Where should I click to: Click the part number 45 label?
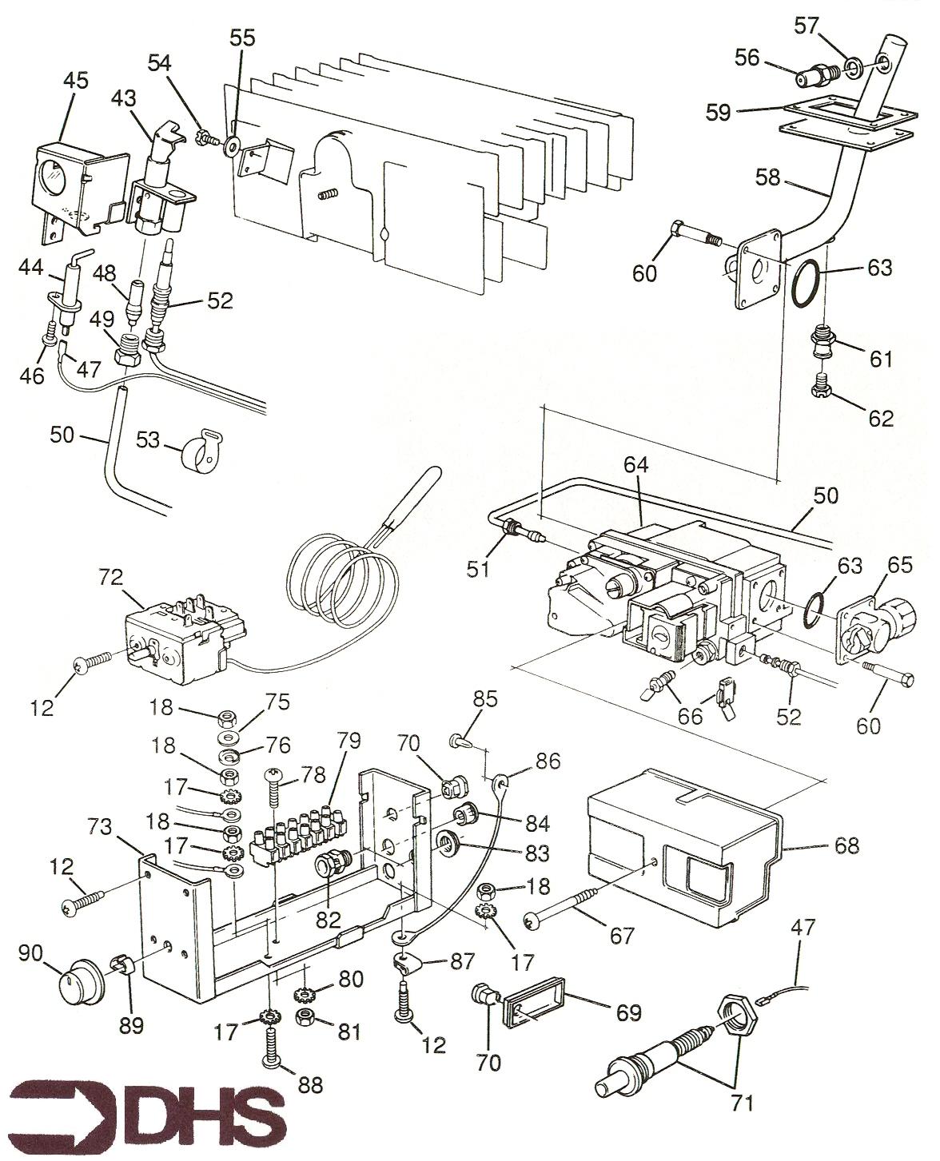click(76, 81)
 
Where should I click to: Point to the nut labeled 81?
click(305, 1016)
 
